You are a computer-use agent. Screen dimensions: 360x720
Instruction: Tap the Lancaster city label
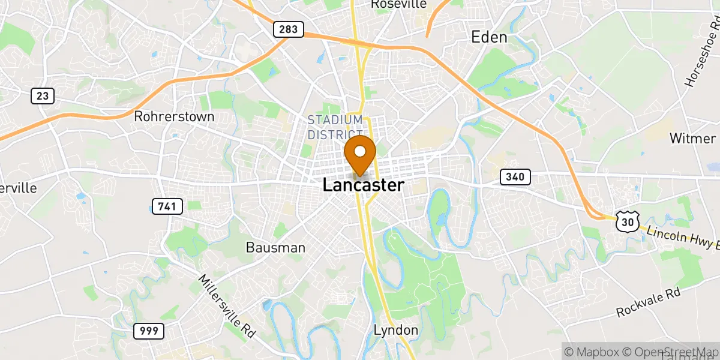363,185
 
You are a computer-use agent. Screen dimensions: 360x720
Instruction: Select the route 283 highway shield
288,29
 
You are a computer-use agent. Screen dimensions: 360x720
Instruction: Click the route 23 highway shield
43,95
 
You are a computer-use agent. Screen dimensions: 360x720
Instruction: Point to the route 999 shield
148,330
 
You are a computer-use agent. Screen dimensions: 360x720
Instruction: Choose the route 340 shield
515,176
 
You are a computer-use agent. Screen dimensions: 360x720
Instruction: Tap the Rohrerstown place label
174,116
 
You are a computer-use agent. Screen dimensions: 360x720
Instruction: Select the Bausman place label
275,247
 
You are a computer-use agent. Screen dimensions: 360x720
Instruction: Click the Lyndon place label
395,330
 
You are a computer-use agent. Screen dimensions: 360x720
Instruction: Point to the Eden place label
489,37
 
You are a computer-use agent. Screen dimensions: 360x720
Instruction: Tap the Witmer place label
692,138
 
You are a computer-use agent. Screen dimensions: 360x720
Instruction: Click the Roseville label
398,4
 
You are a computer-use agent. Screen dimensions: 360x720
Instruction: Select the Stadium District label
335,127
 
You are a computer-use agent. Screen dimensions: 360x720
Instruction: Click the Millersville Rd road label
226,305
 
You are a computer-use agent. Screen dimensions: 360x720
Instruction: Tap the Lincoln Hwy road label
678,236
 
